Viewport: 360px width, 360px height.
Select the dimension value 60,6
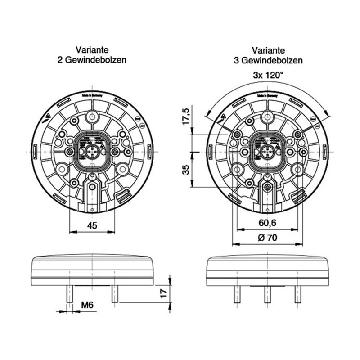coord(267,222)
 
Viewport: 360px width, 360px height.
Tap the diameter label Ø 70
coord(267,238)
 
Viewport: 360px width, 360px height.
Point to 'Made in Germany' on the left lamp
coord(92,96)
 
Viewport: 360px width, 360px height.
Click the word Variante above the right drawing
coord(267,51)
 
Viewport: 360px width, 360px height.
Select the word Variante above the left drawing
coord(92,51)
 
